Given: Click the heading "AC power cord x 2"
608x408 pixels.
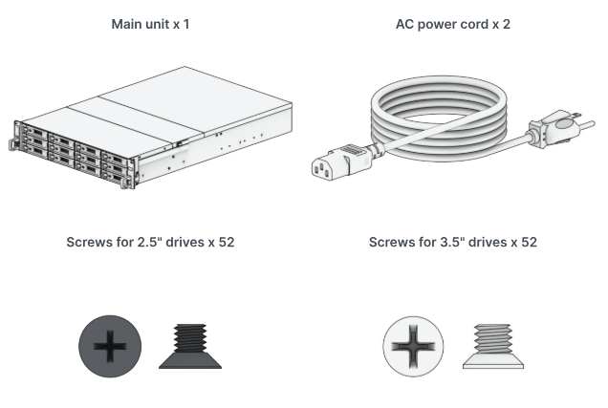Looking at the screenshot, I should coord(452,23).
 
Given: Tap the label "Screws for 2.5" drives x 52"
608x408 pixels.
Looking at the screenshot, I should coord(150,243).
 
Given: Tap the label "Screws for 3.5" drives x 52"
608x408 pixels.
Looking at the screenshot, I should coord(452,243).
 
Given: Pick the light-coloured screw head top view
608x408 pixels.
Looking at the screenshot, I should coord(414,344).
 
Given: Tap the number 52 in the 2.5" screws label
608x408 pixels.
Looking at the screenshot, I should coord(226,243).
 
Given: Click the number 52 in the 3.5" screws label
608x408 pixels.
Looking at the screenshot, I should coord(528,243).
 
